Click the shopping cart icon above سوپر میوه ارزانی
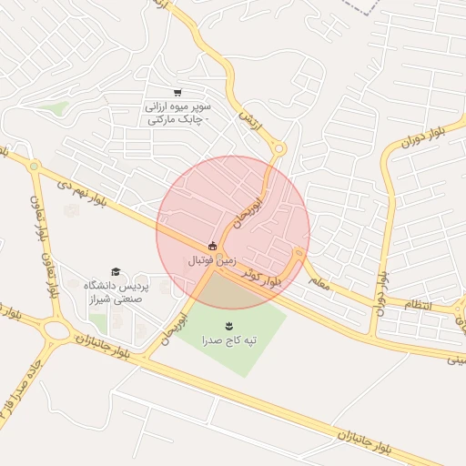pyautogui.click(x=177, y=92)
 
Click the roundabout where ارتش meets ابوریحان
pyautogui.click(x=279, y=148)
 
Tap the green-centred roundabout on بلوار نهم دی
pyautogui.click(x=34, y=167)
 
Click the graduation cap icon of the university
pyautogui.click(x=116, y=271)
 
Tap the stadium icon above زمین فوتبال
pyautogui.click(x=213, y=245)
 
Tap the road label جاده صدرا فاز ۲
pyautogui.click(x=15, y=390)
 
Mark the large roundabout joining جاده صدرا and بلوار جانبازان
pyautogui.click(x=56, y=330)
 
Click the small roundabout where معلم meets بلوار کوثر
pyautogui.click(x=299, y=254)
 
